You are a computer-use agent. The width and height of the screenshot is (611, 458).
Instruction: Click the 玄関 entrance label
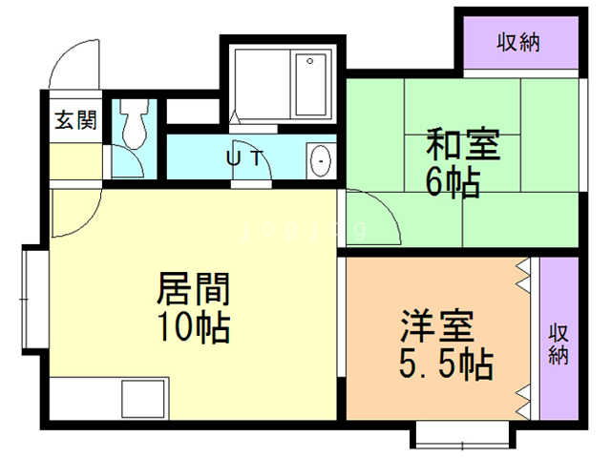point(74,120)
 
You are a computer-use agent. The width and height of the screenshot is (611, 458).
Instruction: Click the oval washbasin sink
point(320,160)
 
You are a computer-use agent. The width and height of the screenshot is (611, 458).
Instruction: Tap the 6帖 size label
point(453,182)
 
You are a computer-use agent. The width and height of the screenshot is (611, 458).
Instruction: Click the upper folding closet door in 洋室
point(523,277)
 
